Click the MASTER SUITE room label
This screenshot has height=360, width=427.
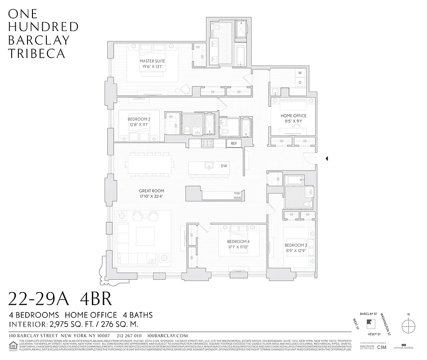tap(152, 61)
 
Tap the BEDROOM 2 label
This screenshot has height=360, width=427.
tap(139, 119)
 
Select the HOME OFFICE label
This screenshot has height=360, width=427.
tap(292, 116)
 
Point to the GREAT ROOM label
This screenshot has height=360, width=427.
tap(150, 190)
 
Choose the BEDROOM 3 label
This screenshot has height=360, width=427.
tap(296, 245)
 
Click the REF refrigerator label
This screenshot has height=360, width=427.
tap(233, 144)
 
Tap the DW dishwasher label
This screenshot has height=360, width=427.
tap(224, 166)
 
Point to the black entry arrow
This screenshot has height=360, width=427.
tap(327, 158)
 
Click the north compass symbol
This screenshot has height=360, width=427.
tap(408, 324)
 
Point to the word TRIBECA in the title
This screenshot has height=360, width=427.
tap(36, 53)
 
